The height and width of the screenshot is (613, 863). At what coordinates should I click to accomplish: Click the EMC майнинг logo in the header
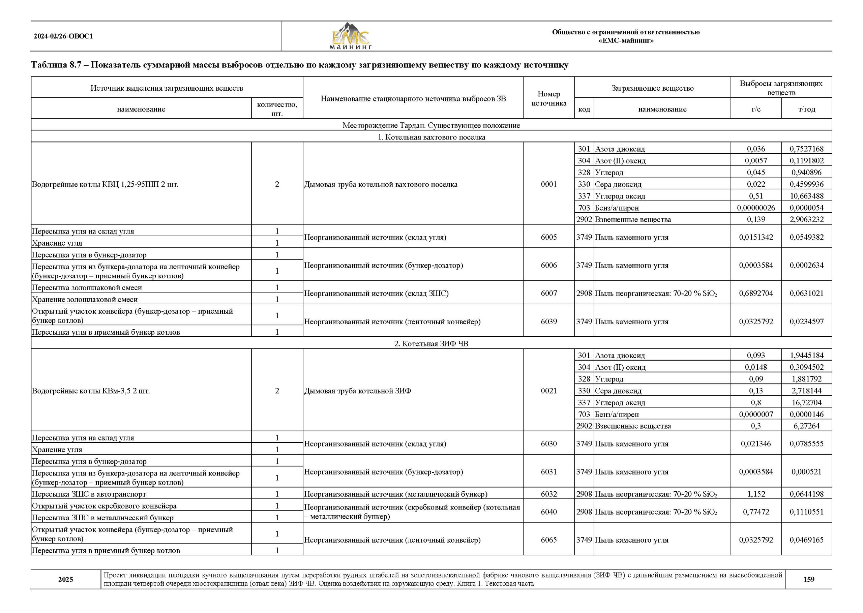click(351, 37)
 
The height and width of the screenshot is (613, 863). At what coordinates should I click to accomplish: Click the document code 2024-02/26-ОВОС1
click(63, 37)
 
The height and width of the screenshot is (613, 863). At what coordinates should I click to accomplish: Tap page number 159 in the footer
click(808, 579)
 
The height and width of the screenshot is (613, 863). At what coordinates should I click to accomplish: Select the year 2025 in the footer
click(66, 579)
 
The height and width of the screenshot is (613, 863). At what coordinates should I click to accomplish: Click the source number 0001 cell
click(548, 184)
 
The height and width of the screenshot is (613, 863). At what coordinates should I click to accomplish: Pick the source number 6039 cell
click(548, 321)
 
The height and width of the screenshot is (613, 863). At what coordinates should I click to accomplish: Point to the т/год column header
click(806, 109)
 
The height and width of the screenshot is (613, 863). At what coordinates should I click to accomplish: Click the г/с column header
click(756, 109)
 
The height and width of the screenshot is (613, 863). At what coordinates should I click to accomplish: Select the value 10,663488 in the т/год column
click(806, 196)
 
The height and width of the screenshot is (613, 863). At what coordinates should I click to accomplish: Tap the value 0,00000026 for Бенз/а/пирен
click(756, 208)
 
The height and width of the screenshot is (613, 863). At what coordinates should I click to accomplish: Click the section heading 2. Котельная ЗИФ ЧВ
click(431, 343)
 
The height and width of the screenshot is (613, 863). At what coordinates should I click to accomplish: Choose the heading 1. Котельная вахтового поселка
click(431, 137)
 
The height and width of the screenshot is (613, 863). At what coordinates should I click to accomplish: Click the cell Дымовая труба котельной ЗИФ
click(358, 391)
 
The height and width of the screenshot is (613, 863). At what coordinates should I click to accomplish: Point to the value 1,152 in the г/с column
click(756, 494)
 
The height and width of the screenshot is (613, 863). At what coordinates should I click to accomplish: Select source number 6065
click(548, 540)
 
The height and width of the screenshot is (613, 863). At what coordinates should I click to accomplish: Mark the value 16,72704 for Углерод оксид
click(806, 402)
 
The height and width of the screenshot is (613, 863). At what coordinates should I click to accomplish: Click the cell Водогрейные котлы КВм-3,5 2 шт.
click(91, 391)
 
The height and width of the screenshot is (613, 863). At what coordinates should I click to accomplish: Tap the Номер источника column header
click(548, 98)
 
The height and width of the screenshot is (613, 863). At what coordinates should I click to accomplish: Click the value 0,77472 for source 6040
click(756, 512)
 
